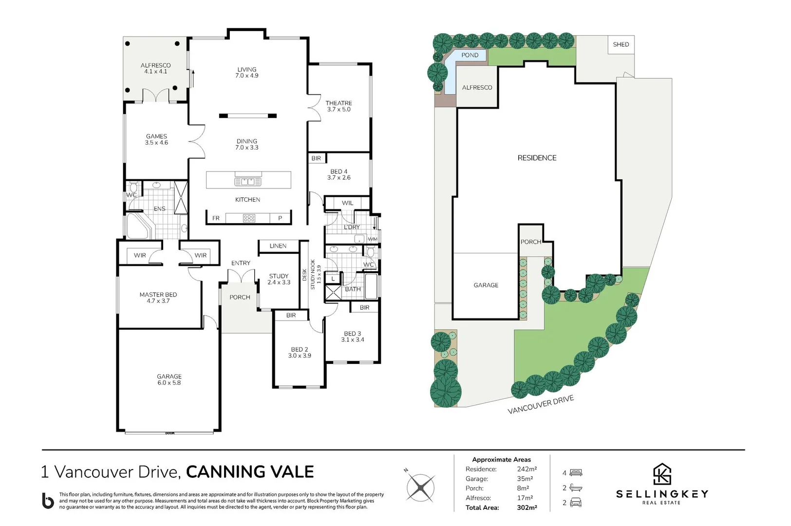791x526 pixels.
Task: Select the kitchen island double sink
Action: point(248,182)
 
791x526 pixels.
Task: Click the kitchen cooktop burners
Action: point(249,218)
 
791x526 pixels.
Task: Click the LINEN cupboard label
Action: point(278,246)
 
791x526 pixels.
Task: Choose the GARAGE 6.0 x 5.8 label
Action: point(169,379)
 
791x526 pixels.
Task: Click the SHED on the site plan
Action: point(621,44)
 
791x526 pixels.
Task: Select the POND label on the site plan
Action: point(470,55)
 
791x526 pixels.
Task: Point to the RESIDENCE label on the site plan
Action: point(537,158)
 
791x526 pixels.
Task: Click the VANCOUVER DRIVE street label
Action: point(541,405)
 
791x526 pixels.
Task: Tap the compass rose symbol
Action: point(420,488)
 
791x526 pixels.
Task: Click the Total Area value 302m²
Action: point(527,507)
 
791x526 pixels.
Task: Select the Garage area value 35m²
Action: point(525,479)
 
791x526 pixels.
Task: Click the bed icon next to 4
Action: point(576,473)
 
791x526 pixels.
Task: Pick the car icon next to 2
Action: point(576,502)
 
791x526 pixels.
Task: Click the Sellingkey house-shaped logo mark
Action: point(662,474)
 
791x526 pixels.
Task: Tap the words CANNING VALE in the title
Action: point(250,472)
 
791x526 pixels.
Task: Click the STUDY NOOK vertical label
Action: point(313,275)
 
